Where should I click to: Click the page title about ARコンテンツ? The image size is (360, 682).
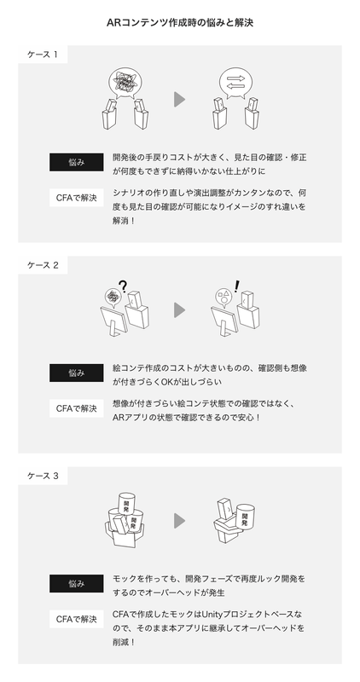click(x=180, y=23)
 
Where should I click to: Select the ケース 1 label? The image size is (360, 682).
click(x=44, y=55)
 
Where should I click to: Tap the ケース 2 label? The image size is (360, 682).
click(x=44, y=265)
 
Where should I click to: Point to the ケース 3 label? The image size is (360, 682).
click(x=44, y=475)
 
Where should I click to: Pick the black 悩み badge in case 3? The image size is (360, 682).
click(x=76, y=584)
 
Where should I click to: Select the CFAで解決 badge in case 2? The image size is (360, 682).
click(x=76, y=408)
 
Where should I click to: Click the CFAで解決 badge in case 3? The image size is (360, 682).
click(x=76, y=619)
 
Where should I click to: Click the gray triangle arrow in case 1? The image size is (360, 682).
click(x=179, y=100)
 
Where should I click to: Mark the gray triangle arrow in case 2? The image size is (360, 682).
click(x=179, y=309)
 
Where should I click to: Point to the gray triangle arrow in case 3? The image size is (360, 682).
click(x=179, y=520)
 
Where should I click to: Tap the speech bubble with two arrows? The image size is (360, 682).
click(x=235, y=84)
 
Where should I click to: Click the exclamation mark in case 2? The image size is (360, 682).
click(x=235, y=287)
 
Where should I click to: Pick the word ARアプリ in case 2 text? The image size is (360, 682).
click(x=129, y=418)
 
